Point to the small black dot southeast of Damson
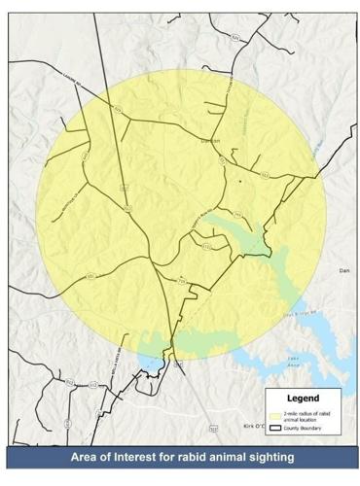[x=237, y=181]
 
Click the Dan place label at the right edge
[x=342, y=269]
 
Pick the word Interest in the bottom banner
[x=138, y=456]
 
